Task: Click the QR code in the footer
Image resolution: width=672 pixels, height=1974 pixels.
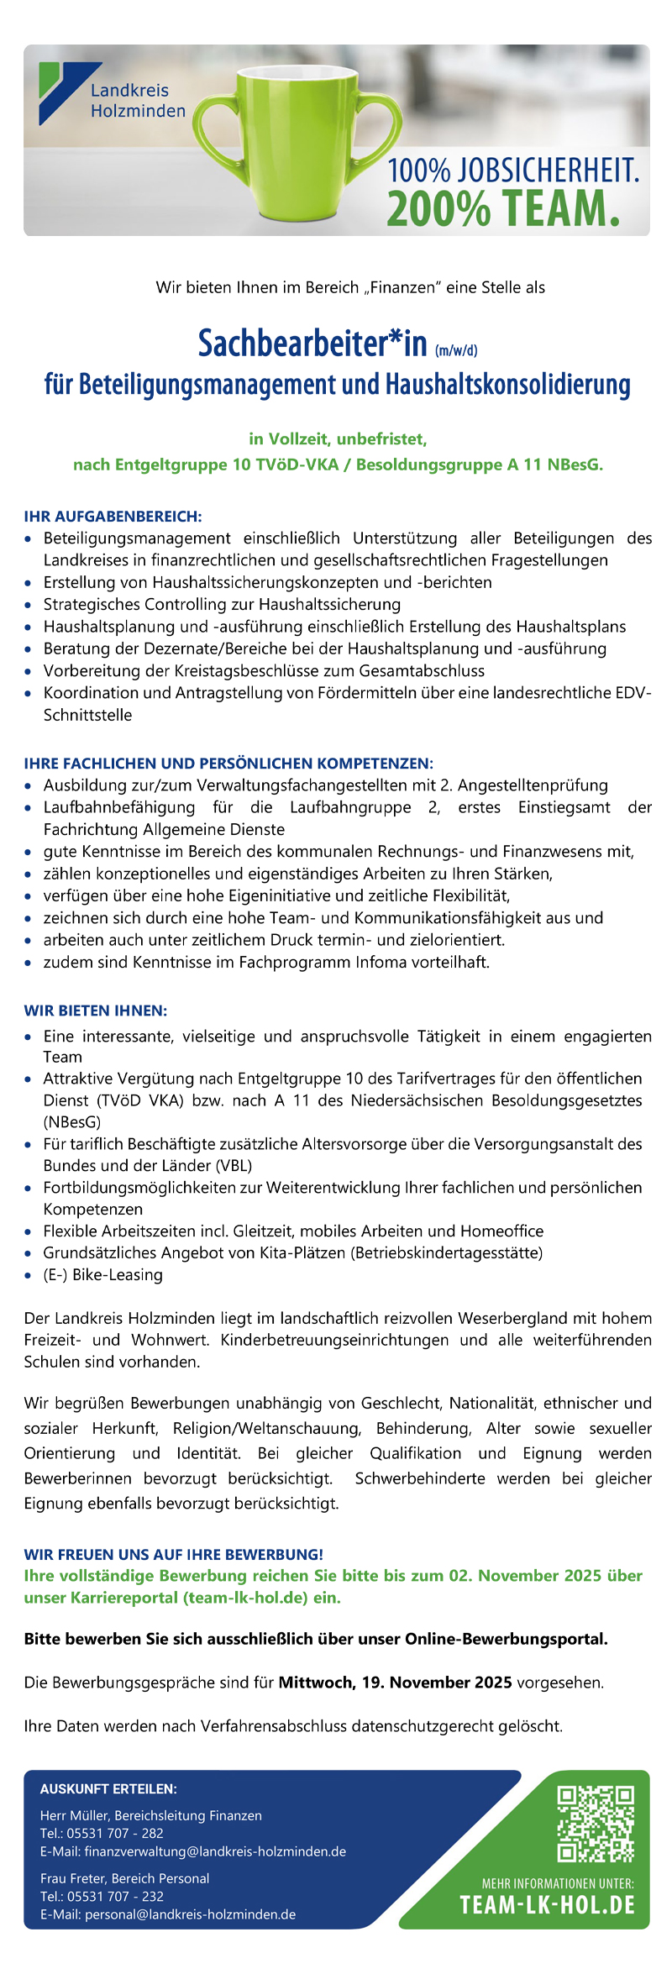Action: tap(596, 1823)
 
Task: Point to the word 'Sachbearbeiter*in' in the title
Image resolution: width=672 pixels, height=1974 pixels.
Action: tap(312, 344)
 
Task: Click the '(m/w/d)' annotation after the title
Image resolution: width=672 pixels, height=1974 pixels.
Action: tap(456, 350)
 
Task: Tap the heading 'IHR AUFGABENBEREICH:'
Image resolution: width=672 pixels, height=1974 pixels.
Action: tap(113, 516)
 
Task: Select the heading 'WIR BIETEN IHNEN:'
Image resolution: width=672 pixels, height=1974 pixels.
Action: tap(96, 1010)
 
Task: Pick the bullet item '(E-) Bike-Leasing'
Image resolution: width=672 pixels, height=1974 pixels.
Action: tap(102, 1274)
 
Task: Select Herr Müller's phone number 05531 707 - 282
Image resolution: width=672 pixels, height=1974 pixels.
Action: tap(115, 1833)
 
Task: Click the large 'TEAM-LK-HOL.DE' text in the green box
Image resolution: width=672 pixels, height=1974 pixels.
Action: tap(547, 1904)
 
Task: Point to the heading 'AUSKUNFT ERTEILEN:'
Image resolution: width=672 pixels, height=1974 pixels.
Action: tap(108, 1789)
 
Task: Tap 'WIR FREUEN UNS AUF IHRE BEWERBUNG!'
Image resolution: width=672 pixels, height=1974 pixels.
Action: tap(174, 1554)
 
